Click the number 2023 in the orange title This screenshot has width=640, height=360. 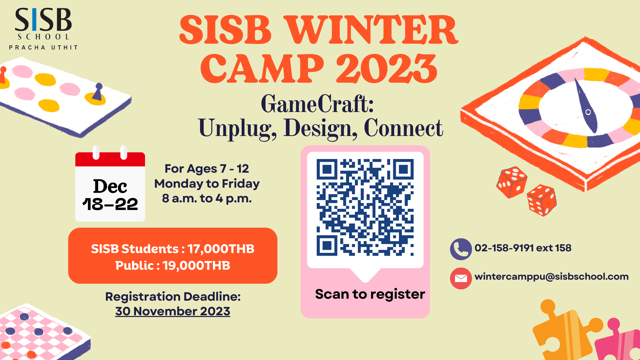(387, 69)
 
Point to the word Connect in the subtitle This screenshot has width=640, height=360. (403, 128)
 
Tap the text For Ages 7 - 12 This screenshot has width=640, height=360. (207, 169)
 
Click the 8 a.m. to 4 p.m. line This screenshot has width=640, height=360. (207, 198)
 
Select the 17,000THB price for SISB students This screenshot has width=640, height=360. (221, 249)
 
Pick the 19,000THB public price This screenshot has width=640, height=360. (196, 266)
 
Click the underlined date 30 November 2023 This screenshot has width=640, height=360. (173, 311)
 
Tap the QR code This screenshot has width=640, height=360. (365, 207)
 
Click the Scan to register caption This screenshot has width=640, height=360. (370, 294)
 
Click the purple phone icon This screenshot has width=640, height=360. (461, 249)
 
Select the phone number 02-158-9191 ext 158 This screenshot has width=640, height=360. (523, 248)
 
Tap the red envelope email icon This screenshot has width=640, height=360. (461, 278)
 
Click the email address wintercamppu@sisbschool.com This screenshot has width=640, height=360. (552, 277)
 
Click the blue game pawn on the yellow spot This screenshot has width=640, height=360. (98, 92)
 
